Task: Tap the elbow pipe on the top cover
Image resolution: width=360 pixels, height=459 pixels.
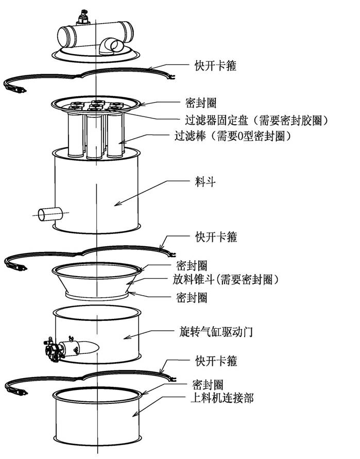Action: click(110, 47)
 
